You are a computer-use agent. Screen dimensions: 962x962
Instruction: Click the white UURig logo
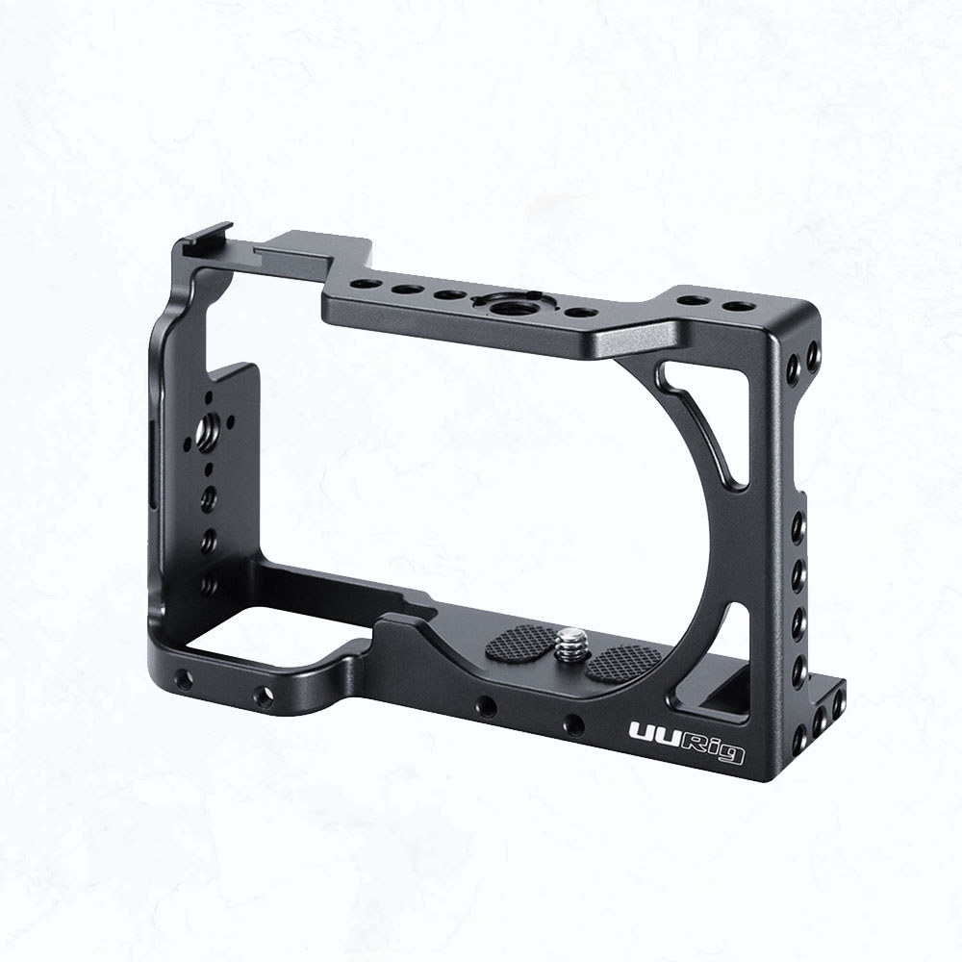[687, 742]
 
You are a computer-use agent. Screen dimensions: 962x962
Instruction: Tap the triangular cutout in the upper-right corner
[705, 422]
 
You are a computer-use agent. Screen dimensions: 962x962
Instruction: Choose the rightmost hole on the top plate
[736, 306]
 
